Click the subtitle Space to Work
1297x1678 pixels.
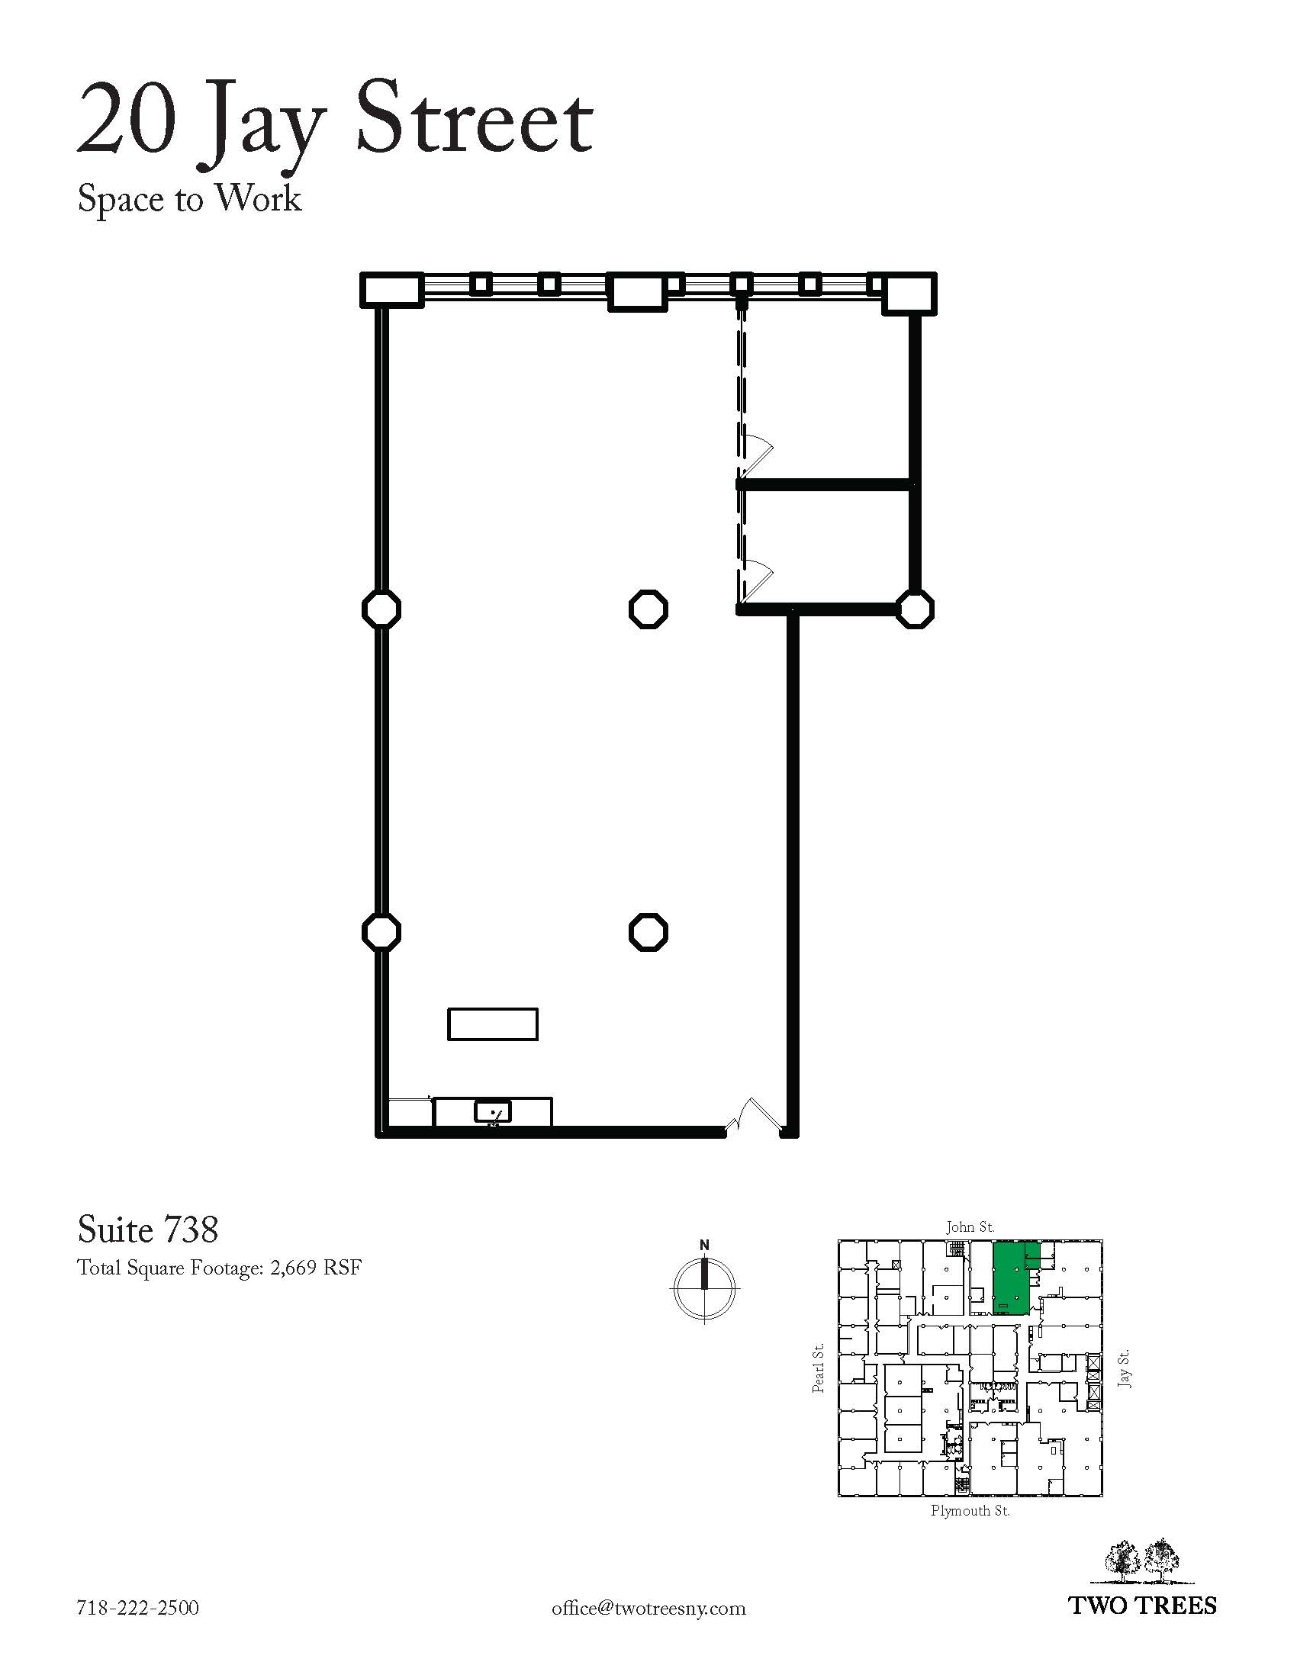189,199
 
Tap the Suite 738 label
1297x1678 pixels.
147,1230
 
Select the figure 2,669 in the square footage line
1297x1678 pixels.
294,1268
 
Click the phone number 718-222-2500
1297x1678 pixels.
138,1607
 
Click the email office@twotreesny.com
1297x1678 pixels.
648,1608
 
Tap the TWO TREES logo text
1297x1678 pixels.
1144,1605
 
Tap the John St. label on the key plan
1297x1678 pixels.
970,1226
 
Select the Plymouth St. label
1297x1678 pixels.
970,1510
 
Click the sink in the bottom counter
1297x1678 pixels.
493,1112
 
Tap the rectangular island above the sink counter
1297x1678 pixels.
493,1024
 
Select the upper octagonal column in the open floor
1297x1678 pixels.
648,609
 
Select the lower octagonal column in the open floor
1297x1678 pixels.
648,932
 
